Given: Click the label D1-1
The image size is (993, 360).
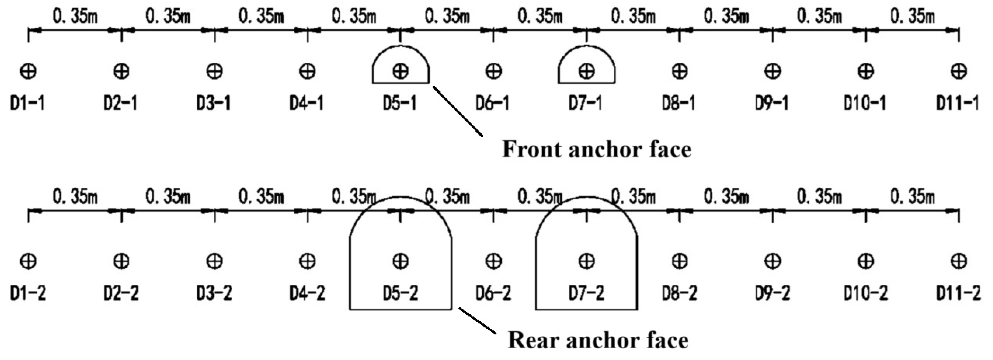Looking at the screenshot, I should pos(27,103).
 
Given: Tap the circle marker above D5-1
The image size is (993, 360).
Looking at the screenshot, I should pos(401,71).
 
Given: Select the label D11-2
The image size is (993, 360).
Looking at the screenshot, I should pos(958,294).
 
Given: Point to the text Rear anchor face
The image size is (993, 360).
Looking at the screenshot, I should pos(598,340).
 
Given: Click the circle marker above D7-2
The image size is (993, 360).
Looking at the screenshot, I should pos(586,261).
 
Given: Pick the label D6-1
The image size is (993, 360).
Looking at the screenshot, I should pos(493,103).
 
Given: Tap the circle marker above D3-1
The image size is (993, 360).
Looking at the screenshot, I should pos(214,71).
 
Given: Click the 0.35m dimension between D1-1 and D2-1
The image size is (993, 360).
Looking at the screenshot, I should pos(75,17).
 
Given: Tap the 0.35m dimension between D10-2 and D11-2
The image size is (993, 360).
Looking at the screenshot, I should pos(912,197).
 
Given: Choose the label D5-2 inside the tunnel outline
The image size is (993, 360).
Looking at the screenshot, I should pos(400,294).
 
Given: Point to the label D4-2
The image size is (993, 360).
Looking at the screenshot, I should pos(307,294).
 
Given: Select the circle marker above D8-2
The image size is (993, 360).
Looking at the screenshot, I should pos(679,261).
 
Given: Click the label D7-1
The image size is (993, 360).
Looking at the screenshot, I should pos(585,103).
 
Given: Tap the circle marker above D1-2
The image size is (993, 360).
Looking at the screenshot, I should pos(28,261).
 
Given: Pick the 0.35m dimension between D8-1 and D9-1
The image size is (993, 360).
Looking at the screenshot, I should pos(726,17).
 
